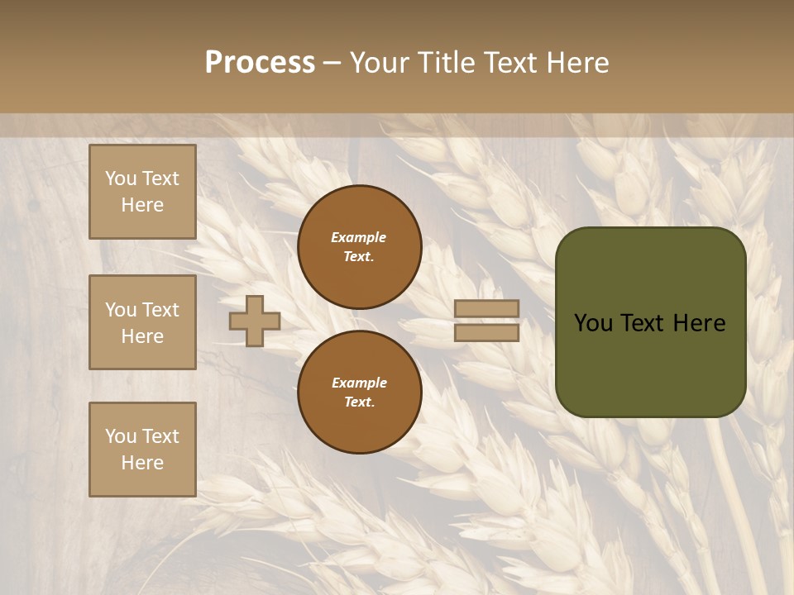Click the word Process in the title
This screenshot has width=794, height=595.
(260, 63)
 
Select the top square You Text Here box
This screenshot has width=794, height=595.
(142, 193)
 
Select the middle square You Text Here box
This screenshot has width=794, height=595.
(142, 322)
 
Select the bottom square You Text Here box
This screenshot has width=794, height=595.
(142, 450)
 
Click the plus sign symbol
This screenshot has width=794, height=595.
(255, 321)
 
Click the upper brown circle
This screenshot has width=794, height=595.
(360, 247)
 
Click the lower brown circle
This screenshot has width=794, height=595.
(360, 393)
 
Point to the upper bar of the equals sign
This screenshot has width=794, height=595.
(487, 309)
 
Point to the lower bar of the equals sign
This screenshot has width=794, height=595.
(487, 333)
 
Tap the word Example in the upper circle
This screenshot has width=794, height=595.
(359, 237)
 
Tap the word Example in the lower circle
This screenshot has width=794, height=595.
(359, 383)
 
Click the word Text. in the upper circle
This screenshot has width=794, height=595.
(359, 257)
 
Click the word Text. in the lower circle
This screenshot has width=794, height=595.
(359, 402)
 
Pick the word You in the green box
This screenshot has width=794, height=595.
(593, 323)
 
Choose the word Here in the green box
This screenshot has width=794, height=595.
(699, 323)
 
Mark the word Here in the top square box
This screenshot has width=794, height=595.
(142, 205)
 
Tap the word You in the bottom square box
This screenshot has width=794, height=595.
(121, 436)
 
